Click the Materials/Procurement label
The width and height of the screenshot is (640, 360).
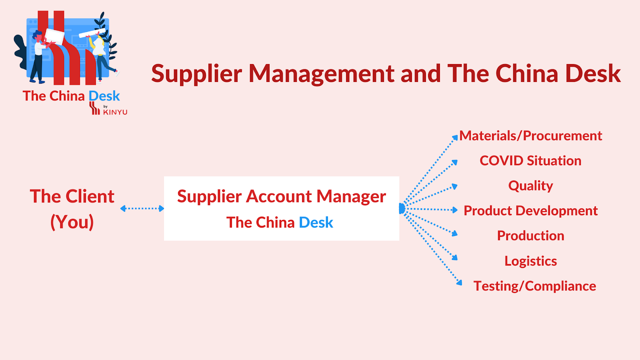530,136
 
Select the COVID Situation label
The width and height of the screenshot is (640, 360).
530,161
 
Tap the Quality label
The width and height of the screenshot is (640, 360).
530,186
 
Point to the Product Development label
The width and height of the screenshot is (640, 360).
530,211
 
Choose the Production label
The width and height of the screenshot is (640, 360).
530,236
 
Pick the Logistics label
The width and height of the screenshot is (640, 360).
530,261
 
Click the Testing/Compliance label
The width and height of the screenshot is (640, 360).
534,286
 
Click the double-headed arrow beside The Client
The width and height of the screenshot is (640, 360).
142,208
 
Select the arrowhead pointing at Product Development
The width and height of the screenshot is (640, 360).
455,210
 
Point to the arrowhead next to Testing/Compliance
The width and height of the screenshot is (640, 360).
459,283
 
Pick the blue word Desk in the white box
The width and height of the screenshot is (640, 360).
316,222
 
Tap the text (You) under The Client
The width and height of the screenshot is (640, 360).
72,222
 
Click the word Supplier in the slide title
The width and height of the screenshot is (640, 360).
196,74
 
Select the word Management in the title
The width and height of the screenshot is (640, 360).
322,74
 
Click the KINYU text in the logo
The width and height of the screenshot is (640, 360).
115,112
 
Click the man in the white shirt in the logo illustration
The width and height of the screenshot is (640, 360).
39,54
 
